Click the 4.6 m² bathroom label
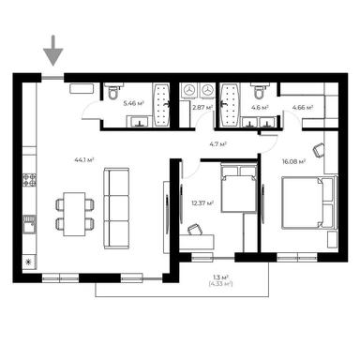tap(260, 108)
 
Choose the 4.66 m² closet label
tap(302, 108)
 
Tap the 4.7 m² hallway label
tap(217, 144)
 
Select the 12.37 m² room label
tap(202, 202)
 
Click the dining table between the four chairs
tap(74, 211)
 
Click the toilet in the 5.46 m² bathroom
tap(112, 93)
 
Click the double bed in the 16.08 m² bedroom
tap(305, 201)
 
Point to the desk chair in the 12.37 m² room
tap(195, 230)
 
